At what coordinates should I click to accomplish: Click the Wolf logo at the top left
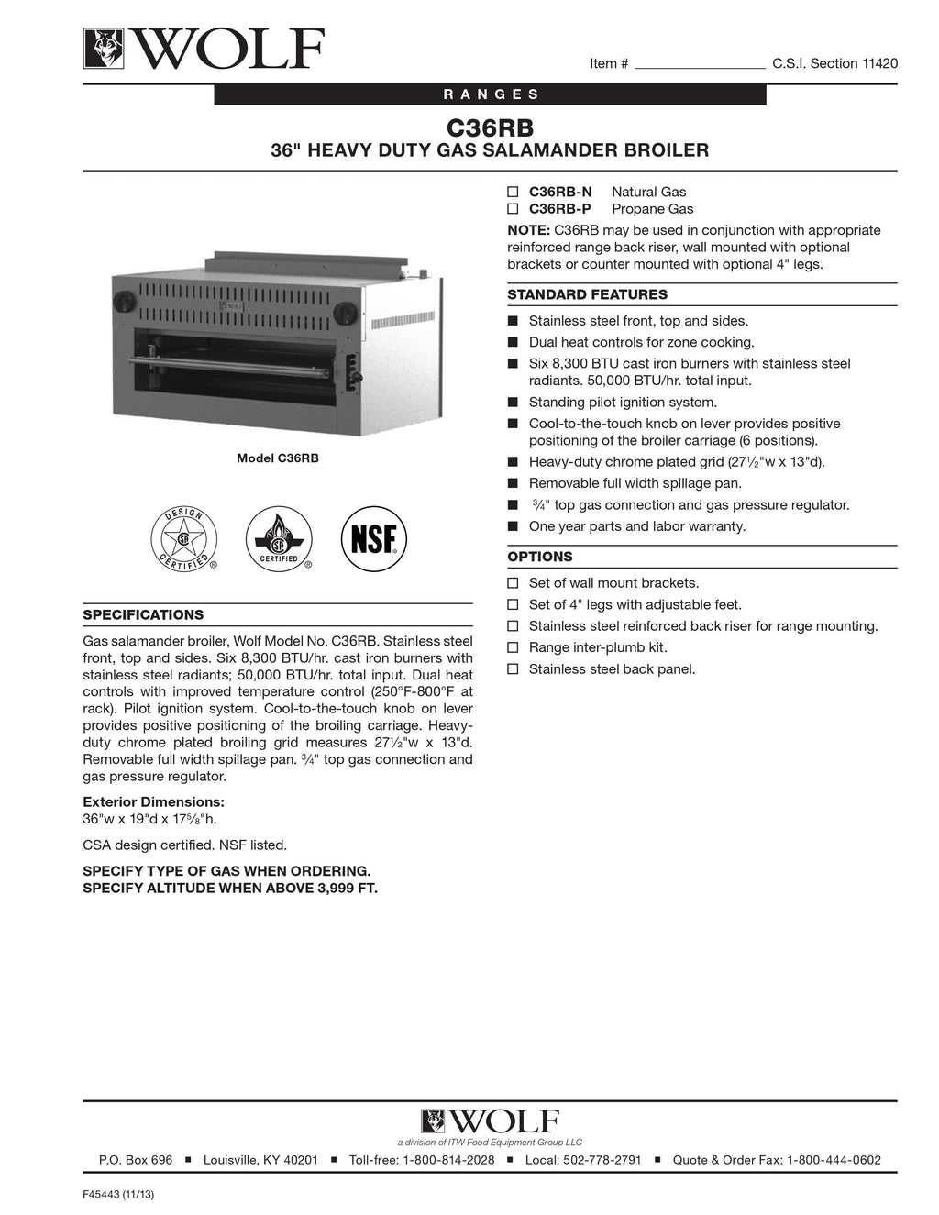(204, 49)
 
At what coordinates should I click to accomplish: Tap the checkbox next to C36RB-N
(514, 192)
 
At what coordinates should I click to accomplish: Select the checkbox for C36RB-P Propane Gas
(514, 209)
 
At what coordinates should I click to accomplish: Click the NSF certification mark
(373, 539)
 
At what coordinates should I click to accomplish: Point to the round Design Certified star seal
(184, 539)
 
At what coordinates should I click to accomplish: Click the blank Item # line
(700, 64)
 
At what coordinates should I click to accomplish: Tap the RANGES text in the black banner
(492, 94)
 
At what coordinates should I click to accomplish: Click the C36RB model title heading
(490, 127)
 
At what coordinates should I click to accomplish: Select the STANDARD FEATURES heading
(587, 294)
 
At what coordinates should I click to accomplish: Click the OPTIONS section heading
(539, 557)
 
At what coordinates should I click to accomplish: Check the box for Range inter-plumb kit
(514, 647)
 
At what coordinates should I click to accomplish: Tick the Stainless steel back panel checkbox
(514, 669)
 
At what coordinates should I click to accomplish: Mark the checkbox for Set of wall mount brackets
(514, 583)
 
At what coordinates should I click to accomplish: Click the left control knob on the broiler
(123, 303)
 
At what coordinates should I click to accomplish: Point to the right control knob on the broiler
(345, 314)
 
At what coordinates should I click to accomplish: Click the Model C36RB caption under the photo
(278, 458)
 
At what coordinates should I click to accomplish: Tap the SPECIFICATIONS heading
(143, 614)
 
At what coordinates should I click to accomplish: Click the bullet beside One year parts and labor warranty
(513, 526)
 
